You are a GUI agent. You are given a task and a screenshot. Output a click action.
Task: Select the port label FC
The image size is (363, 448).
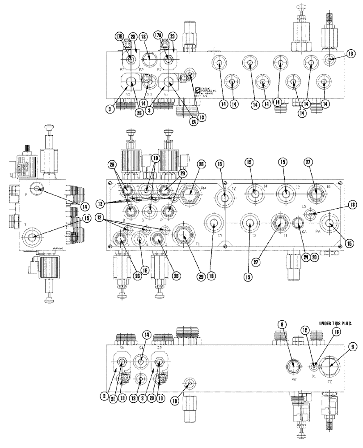[x=331, y=383]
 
